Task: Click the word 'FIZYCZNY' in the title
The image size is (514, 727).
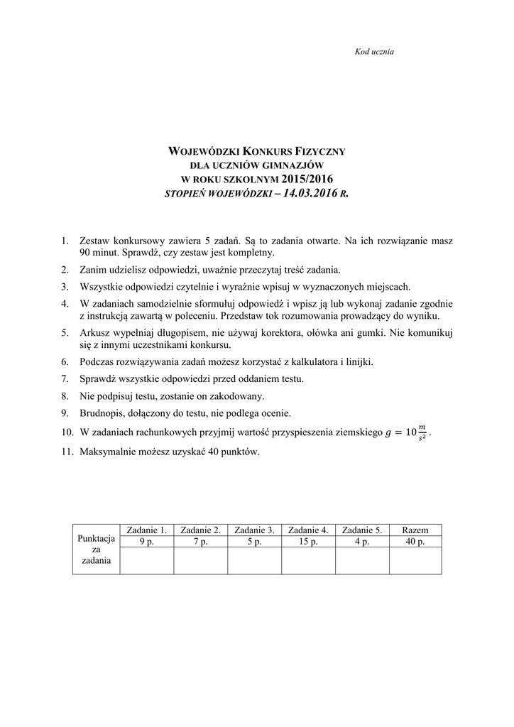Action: [x=319, y=151]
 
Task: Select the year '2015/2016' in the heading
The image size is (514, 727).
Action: [x=307, y=178]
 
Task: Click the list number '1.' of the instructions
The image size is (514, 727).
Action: [x=65, y=241]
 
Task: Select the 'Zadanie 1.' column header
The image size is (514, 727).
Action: [x=146, y=530]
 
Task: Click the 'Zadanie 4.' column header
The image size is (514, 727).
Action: [x=308, y=530]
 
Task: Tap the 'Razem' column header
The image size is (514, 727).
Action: [x=415, y=530]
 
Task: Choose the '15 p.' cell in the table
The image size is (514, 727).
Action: [x=308, y=542]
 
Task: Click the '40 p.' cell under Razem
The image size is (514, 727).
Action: [x=415, y=542]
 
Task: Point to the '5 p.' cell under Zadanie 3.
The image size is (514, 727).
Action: [x=254, y=542]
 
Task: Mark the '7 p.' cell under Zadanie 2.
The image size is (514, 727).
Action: [x=200, y=542]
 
